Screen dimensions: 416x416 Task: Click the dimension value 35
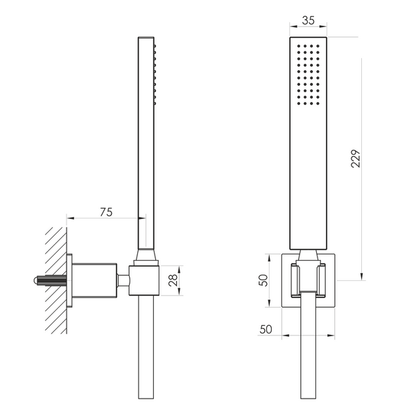[309, 21]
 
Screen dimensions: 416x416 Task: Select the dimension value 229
[356, 158]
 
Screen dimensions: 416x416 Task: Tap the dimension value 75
[106, 212]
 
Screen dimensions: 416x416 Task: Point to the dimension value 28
[173, 280]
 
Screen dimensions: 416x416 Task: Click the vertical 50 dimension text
[263, 280]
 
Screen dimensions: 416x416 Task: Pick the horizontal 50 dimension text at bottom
[266, 329]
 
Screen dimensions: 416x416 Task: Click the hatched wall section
[56, 280]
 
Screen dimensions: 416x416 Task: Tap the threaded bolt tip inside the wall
[36, 281]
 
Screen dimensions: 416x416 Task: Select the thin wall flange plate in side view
[69, 280]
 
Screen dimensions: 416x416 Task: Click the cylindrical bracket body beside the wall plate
[94, 280]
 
